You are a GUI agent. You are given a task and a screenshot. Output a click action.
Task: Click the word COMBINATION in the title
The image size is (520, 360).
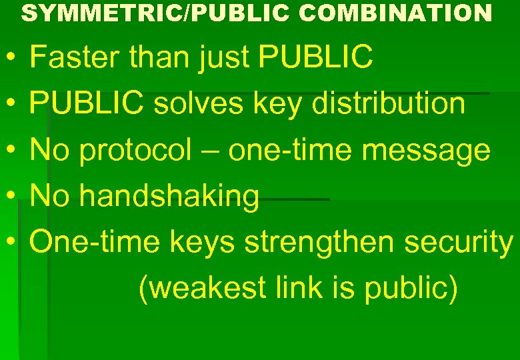[395, 12]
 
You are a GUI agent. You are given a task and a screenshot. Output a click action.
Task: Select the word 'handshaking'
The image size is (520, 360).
[169, 197]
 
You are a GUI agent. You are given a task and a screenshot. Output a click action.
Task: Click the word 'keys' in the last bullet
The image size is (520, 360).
[202, 243]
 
